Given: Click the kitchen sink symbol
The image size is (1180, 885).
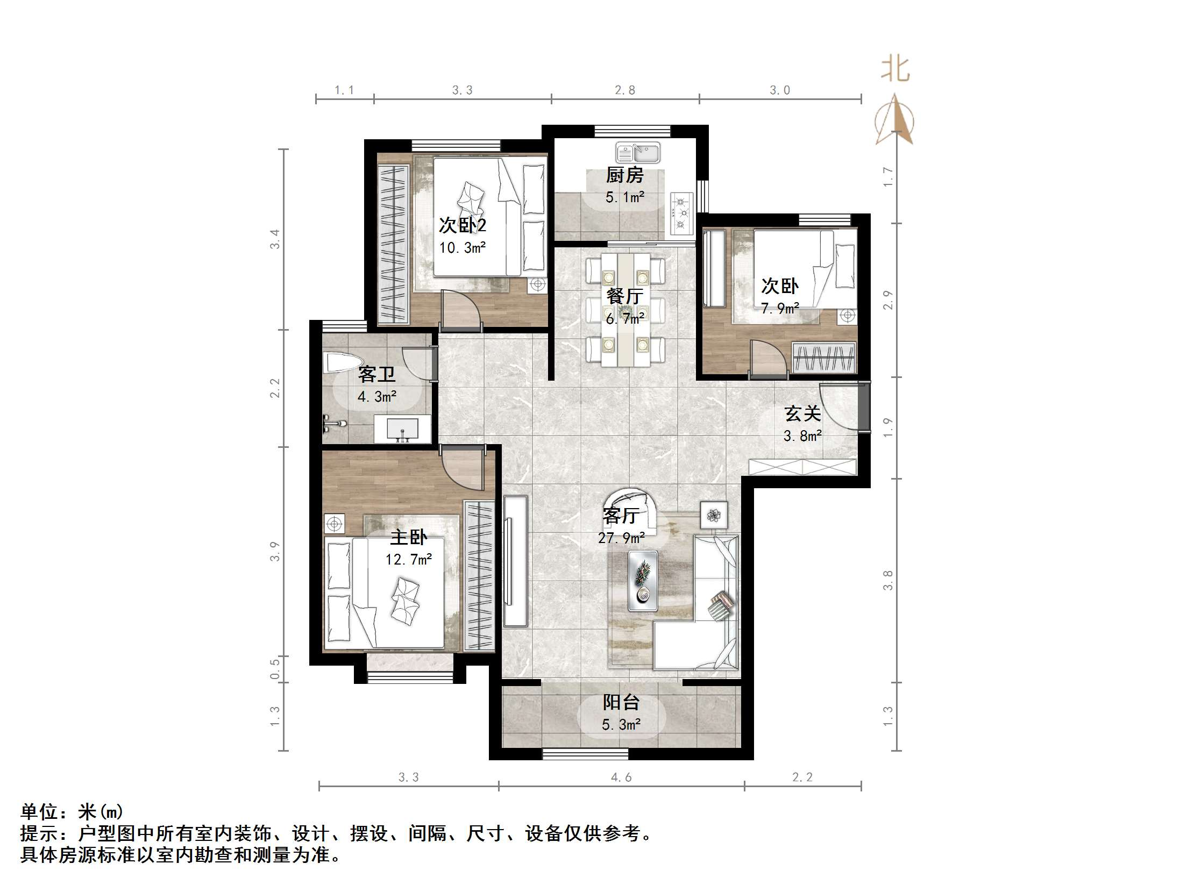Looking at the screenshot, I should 638,153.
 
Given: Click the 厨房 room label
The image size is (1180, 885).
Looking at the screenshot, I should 624,175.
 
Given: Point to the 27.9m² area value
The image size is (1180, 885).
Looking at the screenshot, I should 621,538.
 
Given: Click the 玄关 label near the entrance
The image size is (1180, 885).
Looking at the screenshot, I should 802,413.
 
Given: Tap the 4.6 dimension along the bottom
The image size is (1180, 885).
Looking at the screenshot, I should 621,777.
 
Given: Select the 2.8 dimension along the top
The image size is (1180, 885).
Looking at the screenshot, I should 625,90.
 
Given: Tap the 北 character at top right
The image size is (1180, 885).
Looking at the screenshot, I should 895,70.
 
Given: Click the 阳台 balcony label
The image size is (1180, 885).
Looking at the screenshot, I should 621,702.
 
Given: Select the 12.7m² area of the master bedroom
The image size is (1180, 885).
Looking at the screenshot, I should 409,560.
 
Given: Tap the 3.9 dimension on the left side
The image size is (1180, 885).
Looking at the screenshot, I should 275,552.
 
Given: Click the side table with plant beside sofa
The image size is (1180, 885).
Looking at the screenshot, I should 714,516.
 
